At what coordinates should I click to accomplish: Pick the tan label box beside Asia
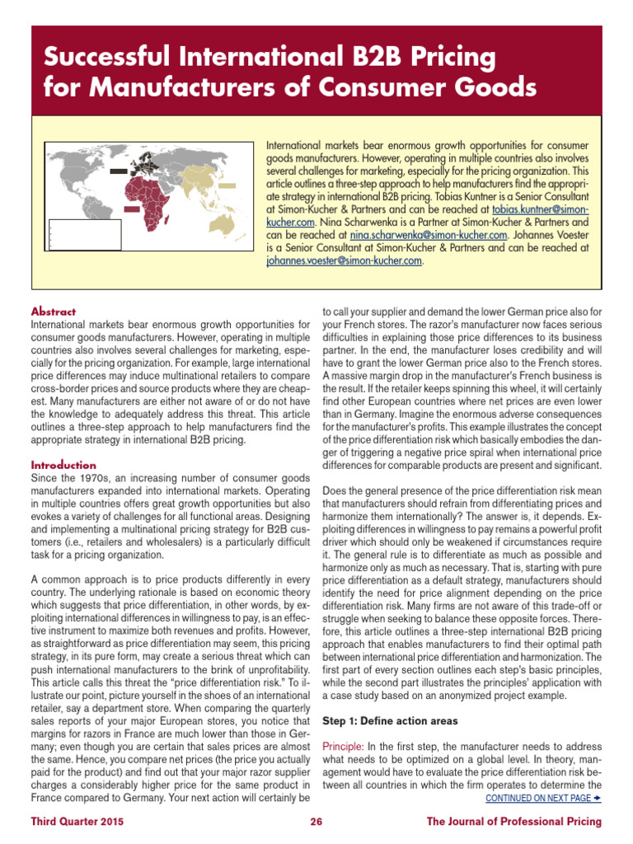pyautogui.click(x=227, y=186)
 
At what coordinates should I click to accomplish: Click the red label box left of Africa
pyautogui.click(x=130, y=209)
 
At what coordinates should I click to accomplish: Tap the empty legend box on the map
pyautogui.click(x=70, y=236)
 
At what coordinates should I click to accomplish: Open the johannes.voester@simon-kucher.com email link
pyautogui.click(x=344, y=260)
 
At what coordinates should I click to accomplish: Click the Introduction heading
pyautogui.click(x=63, y=465)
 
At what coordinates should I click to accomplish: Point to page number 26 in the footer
pyautogui.click(x=316, y=821)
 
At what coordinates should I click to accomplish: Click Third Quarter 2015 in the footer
pyautogui.click(x=79, y=821)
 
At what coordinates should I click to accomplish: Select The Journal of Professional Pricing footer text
pyautogui.click(x=513, y=821)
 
